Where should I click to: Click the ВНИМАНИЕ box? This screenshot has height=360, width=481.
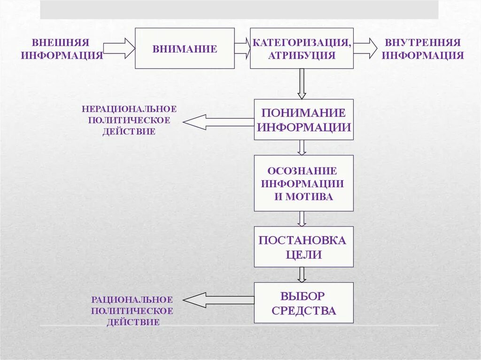(185, 48)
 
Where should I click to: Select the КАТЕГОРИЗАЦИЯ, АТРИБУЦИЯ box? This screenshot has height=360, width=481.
(302, 48)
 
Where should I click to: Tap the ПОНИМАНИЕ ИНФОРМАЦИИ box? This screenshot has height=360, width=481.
(303, 119)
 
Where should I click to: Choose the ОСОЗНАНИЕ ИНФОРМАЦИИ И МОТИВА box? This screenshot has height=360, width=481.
(303, 183)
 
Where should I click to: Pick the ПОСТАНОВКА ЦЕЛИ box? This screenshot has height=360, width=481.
(303, 247)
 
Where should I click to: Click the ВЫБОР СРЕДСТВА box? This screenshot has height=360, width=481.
(303, 303)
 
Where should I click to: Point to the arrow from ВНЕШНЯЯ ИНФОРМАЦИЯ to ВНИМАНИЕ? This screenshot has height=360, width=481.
(119, 48)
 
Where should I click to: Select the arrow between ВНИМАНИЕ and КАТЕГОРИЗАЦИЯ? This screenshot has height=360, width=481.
(242, 48)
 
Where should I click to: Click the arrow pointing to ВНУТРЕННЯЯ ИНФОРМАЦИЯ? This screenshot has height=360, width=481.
(365, 48)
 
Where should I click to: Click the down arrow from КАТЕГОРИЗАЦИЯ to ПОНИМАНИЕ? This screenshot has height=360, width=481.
(302, 84)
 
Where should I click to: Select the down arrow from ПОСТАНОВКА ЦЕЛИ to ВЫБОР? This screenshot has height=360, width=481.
(302, 275)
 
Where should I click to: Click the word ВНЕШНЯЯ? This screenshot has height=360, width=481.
(61, 42)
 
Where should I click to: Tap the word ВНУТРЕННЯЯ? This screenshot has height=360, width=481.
(422, 42)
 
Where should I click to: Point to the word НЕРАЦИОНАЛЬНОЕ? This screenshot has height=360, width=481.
(129, 109)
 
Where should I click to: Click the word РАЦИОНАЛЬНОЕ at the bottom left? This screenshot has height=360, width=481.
(132, 299)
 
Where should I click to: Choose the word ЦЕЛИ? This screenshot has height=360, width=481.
(303, 255)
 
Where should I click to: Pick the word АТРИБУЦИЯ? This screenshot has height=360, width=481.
(302, 55)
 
